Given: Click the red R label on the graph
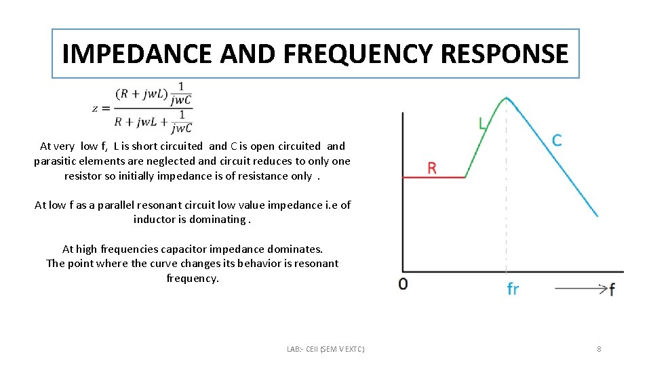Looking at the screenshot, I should click(431, 168).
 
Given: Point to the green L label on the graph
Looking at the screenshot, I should click(483, 124).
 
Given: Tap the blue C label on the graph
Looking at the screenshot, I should click(556, 140).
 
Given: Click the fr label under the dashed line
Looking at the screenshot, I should click(513, 289).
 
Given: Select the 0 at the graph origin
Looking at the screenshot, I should click(403, 284).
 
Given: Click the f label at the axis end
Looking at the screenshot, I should click(612, 289).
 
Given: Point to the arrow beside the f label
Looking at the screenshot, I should click(580, 289).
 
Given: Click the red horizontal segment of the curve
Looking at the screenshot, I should click(434, 178).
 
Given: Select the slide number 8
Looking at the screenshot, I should click(599, 349).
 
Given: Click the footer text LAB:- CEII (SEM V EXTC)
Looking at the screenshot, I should click(325, 349).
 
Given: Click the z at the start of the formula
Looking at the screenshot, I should click(97, 108).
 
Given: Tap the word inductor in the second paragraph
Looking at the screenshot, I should click(155, 220).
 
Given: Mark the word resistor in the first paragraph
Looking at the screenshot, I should click(84, 176).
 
